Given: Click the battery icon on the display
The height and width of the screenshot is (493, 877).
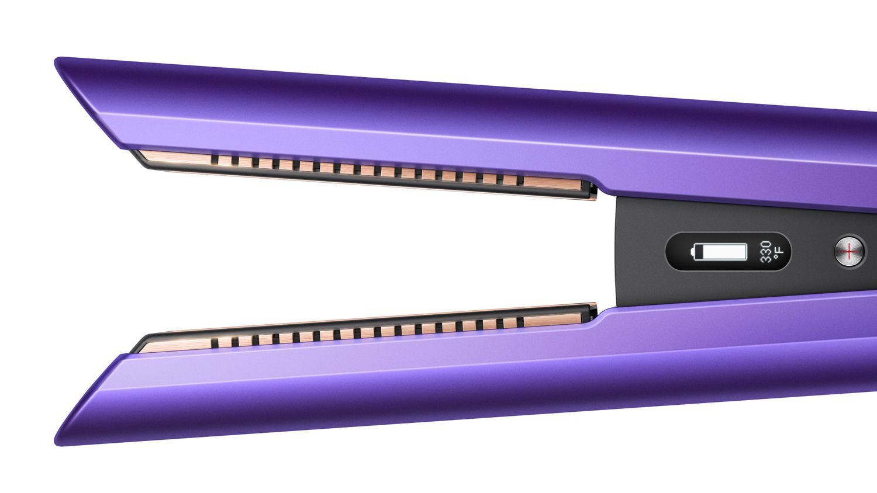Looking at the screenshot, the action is (x=719, y=252).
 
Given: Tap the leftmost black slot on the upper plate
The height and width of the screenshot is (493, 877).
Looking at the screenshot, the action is (x=215, y=159).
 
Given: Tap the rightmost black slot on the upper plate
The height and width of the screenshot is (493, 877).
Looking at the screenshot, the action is (x=520, y=180).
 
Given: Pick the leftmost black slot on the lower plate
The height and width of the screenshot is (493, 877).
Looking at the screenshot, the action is (x=215, y=343).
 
